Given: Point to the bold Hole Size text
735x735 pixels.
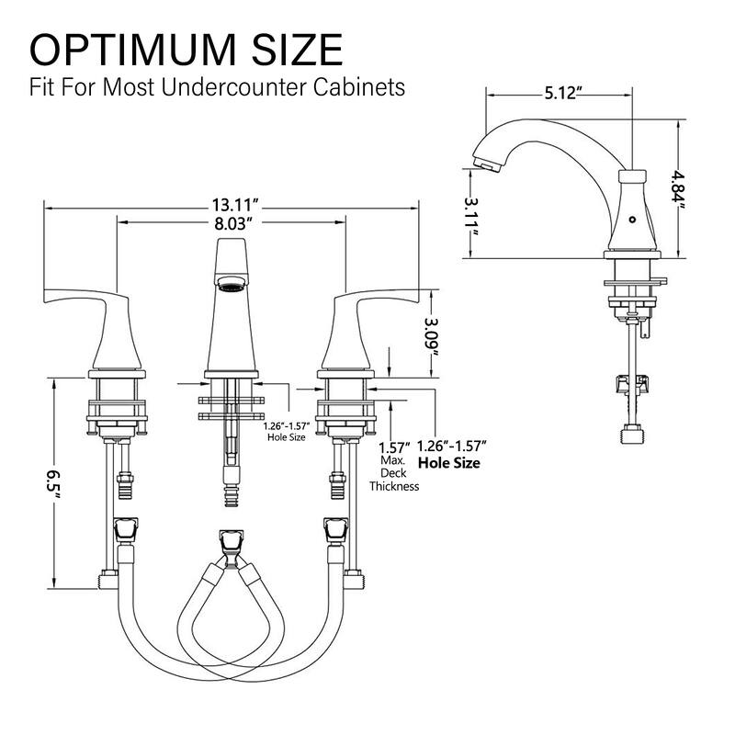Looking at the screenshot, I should tap(449, 463).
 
